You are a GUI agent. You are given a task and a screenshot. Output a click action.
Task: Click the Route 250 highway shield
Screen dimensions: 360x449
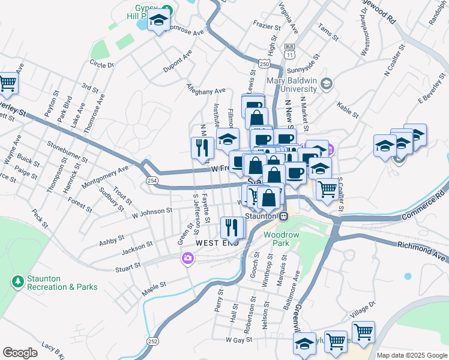tap(264, 62)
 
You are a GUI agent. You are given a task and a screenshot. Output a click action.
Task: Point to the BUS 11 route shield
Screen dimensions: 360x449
tap(290, 50)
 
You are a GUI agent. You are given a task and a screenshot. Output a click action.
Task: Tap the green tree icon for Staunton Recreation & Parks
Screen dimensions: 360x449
tap(17, 281)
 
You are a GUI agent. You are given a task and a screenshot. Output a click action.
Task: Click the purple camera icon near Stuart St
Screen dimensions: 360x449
tap(188, 259)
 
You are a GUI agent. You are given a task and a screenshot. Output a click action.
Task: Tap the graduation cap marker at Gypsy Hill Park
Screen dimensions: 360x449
tap(158, 22)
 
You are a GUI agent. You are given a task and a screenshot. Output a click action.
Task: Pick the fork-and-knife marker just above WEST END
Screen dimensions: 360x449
tap(231, 227)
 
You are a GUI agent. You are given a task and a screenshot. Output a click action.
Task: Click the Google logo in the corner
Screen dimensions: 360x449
tap(20, 353)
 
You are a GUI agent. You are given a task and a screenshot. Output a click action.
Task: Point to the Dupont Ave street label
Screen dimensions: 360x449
tap(178, 61)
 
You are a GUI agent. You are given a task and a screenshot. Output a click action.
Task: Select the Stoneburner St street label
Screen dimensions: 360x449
tap(67, 152)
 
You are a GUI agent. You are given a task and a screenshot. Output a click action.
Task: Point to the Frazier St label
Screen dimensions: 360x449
tap(267, 26)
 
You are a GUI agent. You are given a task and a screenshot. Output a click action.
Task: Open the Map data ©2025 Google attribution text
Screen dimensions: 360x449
tap(411, 355)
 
